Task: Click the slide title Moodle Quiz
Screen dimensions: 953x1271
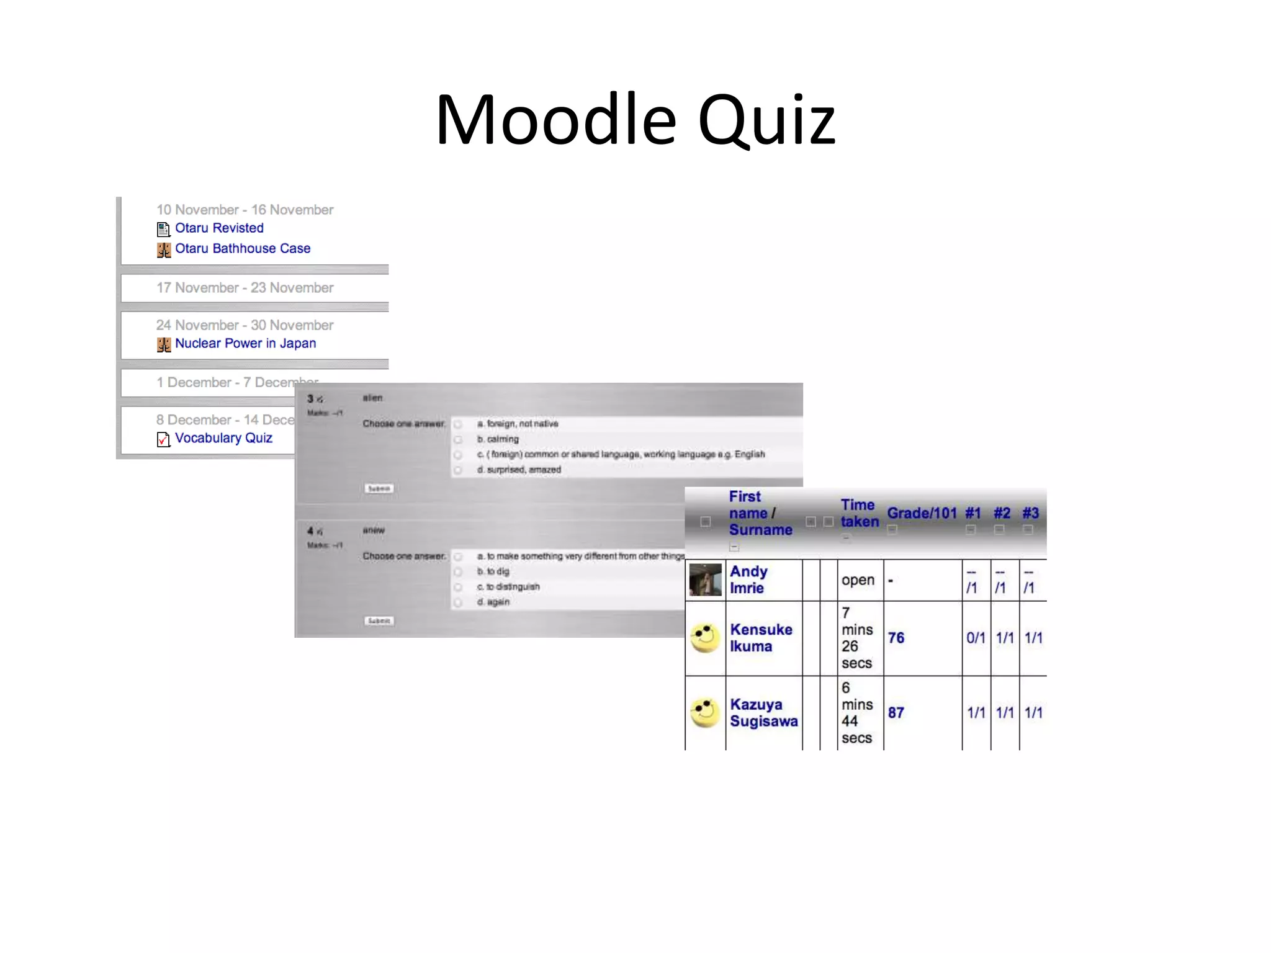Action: (635, 119)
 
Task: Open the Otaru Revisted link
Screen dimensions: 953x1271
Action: (219, 228)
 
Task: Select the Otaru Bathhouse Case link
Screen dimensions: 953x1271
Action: (243, 249)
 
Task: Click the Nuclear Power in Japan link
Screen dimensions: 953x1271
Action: (245, 344)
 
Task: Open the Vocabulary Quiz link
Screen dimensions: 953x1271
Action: (223, 438)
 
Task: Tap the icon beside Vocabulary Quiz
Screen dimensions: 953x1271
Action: (163, 439)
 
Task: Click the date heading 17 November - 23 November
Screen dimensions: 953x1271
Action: (245, 288)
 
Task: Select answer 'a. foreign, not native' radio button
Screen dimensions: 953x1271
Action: (458, 424)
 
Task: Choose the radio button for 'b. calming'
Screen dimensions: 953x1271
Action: (458, 440)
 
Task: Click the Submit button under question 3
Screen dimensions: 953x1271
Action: (379, 489)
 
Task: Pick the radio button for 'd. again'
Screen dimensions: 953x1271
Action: (458, 602)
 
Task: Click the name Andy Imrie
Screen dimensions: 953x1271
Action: (748, 579)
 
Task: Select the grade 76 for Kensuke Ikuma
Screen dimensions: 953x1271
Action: (896, 638)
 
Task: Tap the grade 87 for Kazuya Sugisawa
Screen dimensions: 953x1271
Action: (896, 713)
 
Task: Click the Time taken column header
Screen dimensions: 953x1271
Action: (859, 513)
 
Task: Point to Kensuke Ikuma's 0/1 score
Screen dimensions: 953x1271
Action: (976, 638)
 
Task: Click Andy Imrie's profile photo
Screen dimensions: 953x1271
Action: (706, 579)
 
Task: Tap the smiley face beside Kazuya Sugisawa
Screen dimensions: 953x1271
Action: (705, 713)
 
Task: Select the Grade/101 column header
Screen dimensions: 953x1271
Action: (922, 513)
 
